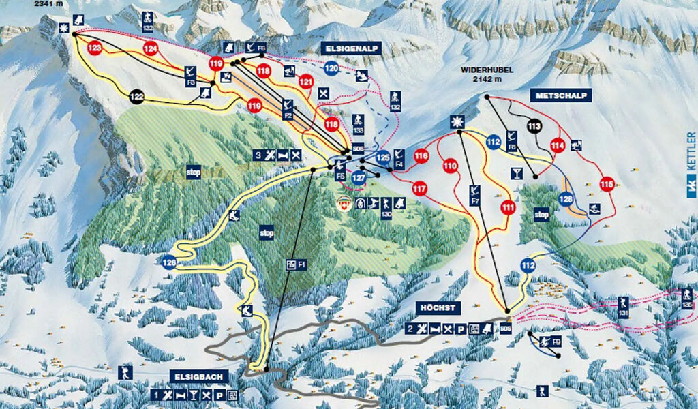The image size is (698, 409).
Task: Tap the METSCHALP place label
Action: tap(561, 95)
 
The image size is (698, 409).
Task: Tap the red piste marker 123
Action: tap(95, 48)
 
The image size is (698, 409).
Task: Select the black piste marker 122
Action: tap(137, 97)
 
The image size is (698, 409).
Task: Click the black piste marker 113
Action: tap(534, 125)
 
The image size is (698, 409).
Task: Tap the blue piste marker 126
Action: tap(170, 261)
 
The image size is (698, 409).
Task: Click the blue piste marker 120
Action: tap(331, 68)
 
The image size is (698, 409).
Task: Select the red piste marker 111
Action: tap(508, 207)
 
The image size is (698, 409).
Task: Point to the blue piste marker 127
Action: tap(359, 178)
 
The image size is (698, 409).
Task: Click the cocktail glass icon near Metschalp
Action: tap(517, 173)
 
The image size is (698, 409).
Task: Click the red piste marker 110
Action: tap(450, 165)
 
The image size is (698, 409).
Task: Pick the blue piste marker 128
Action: tap(566, 199)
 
